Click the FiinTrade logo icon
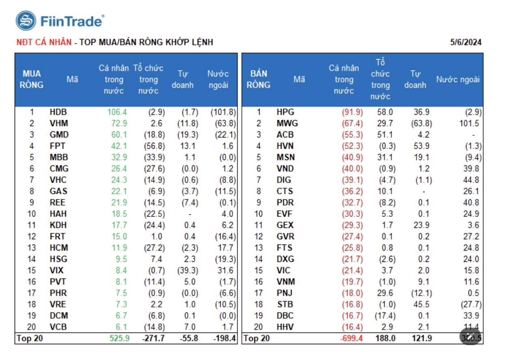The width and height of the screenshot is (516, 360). click(x=26, y=21)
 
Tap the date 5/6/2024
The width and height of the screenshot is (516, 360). click(x=466, y=43)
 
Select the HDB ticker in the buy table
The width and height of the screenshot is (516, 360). click(x=58, y=112)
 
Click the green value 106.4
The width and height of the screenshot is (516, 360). click(x=118, y=112)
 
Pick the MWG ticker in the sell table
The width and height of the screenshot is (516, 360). click(x=287, y=123)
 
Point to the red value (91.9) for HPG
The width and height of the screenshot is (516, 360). click(x=352, y=112)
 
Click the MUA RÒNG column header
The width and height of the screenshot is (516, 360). click(x=32, y=79)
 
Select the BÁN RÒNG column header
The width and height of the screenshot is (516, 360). click(x=258, y=79)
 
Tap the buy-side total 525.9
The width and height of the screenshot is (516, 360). click(x=120, y=338)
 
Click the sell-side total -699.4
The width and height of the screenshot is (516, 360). click(x=351, y=338)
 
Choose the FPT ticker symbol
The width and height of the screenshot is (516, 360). click(x=58, y=146)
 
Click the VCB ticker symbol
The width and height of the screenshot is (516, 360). click(x=58, y=327)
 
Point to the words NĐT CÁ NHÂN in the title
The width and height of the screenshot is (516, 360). click(x=44, y=42)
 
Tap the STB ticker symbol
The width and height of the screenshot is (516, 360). click(x=284, y=304)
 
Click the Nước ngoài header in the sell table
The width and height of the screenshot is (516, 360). click(x=458, y=79)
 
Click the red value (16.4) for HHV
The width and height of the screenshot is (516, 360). click(x=352, y=327)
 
